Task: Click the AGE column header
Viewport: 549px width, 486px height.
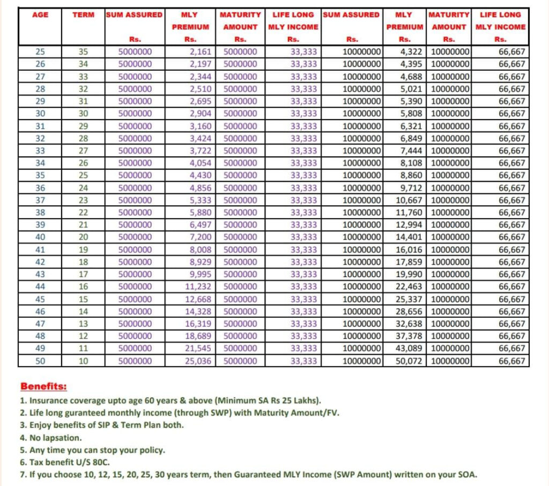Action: click(40, 15)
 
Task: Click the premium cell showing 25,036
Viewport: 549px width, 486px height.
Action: click(198, 361)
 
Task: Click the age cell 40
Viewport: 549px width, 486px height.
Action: click(40, 237)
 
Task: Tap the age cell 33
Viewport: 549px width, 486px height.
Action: click(40, 151)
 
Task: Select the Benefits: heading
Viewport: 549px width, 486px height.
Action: click(44, 386)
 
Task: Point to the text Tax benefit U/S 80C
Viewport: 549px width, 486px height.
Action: click(68, 462)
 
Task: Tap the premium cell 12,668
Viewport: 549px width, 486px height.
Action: click(198, 299)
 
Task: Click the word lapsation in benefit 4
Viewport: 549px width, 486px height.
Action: click(62, 438)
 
